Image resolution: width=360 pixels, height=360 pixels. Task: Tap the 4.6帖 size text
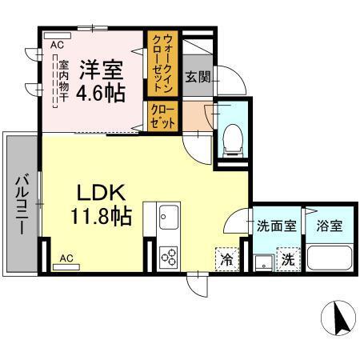click(101, 92)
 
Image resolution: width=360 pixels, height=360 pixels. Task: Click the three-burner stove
click(169, 255)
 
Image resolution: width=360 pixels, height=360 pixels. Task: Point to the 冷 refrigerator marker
click(226, 258)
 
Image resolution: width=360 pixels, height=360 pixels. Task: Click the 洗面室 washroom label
click(274, 226)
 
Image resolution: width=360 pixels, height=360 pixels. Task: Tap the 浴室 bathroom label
click(328, 226)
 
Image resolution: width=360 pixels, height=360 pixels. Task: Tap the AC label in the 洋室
click(57, 46)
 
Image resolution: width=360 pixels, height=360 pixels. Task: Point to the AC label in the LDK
click(66, 258)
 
